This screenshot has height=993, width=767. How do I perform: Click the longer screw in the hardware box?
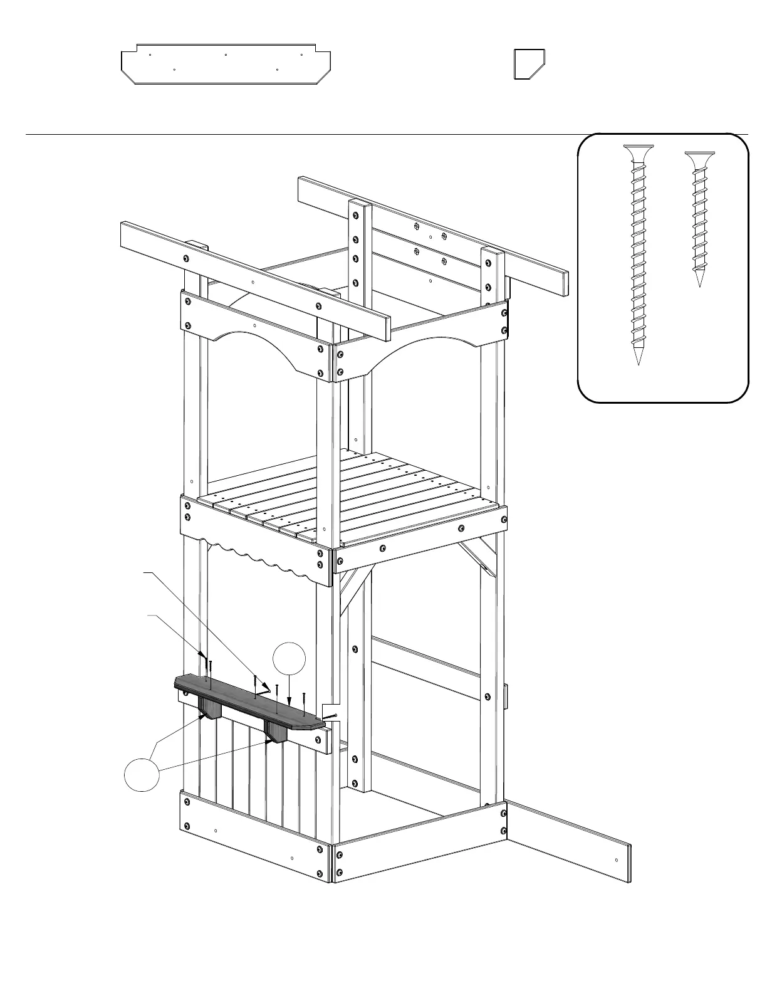638,251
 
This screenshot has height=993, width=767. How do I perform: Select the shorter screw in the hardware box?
699,213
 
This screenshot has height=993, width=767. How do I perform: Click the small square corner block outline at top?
528,64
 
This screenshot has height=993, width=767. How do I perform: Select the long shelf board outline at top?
226,64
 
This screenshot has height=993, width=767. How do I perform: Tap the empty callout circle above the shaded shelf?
290,659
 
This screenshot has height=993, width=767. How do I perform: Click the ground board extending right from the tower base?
570,840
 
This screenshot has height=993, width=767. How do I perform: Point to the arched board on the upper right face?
420,342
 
